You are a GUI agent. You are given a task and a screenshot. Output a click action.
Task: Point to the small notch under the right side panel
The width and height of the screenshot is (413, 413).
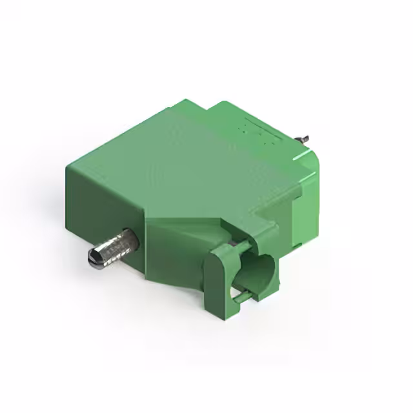coord(297,248)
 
